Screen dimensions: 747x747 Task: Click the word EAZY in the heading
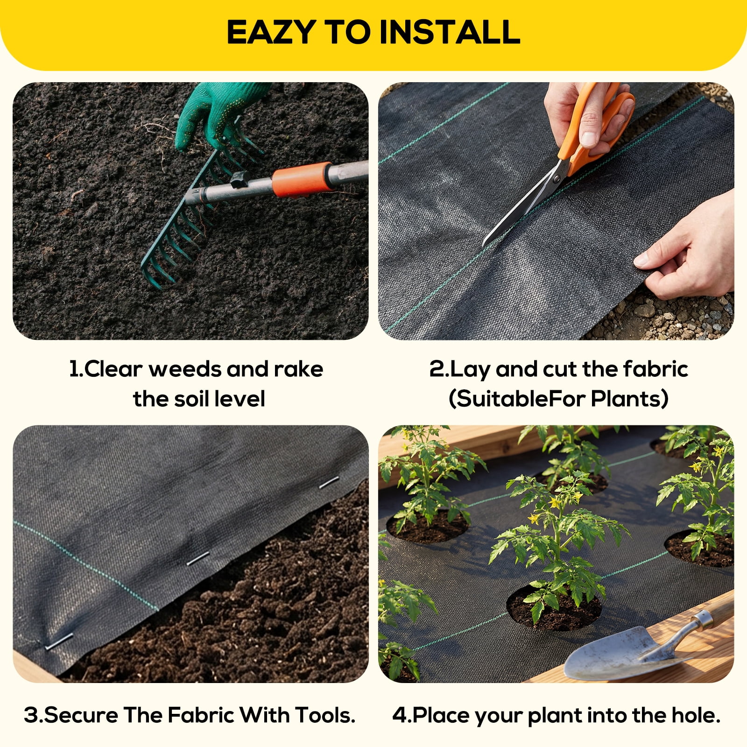tap(271, 32)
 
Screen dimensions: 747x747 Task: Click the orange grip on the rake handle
tap(302, 179)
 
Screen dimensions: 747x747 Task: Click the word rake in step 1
tap(298, 369)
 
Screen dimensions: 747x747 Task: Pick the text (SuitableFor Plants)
tap(558, 399)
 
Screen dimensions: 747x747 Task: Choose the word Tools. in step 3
tap(325, 715)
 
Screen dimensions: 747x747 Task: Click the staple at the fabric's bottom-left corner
tap(58, 641)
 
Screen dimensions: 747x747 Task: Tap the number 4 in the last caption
tap(400, 716)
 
